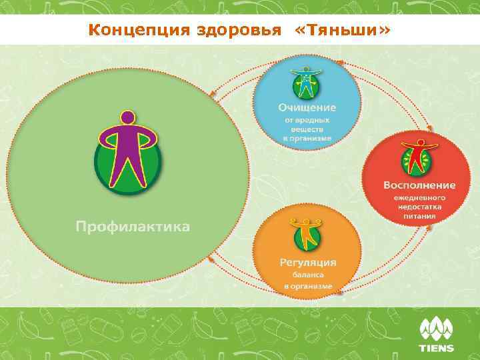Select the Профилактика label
click(132, 227)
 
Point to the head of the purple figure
click(127, 118)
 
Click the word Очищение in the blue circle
click(307, 107)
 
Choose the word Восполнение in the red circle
click(419, 185)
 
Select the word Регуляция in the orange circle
click(307, 261)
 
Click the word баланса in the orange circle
click(307, 275)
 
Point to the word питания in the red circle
click(419, 216)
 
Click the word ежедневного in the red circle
click(419, 198)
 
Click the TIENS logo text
click(436, 348)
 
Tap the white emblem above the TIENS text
click(436, 329)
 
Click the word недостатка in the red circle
click(419, 207)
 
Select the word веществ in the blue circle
click(307, 129)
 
